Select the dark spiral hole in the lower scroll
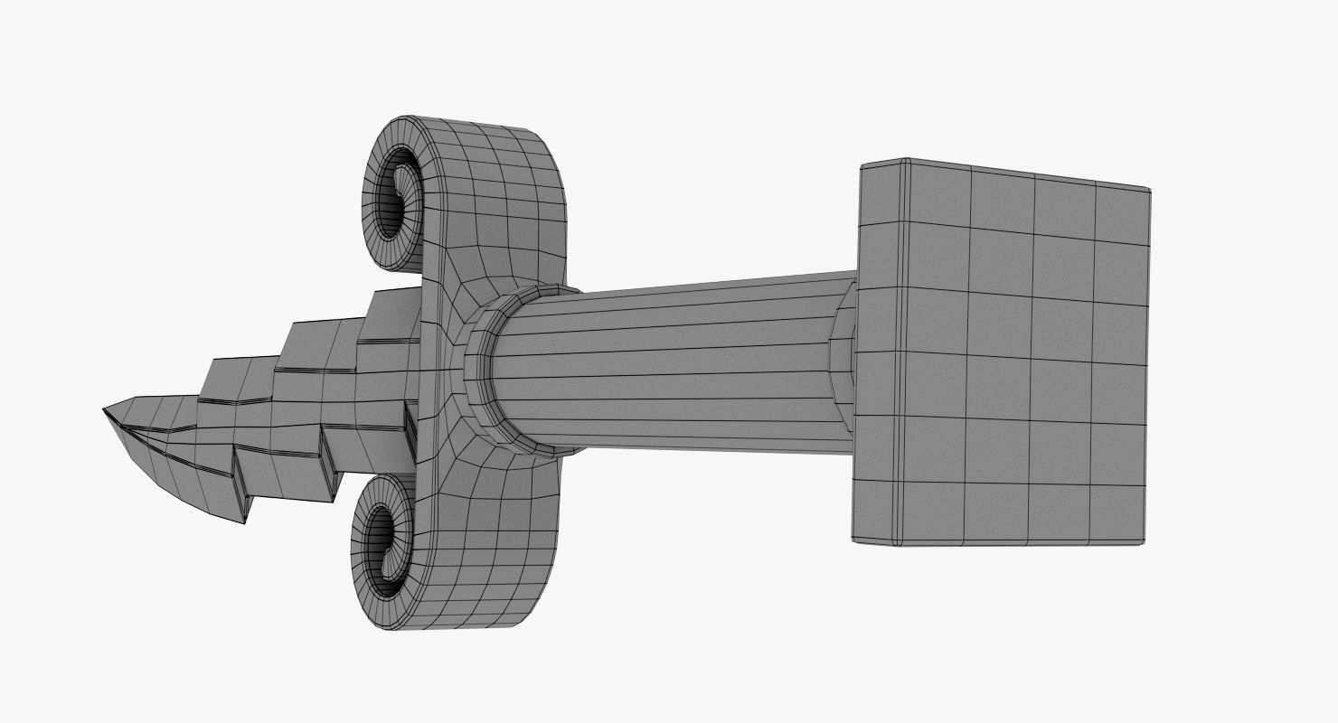tap(383, 548)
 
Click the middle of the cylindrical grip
tap(669, 366)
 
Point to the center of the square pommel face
tap(1002, 352)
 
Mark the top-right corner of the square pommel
tap(1147, 191)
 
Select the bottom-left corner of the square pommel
tap(854, 540)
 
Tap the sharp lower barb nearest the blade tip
tap(243, 520)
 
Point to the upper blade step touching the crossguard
tap(394, 312)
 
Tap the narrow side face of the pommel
tap(881, 352)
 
